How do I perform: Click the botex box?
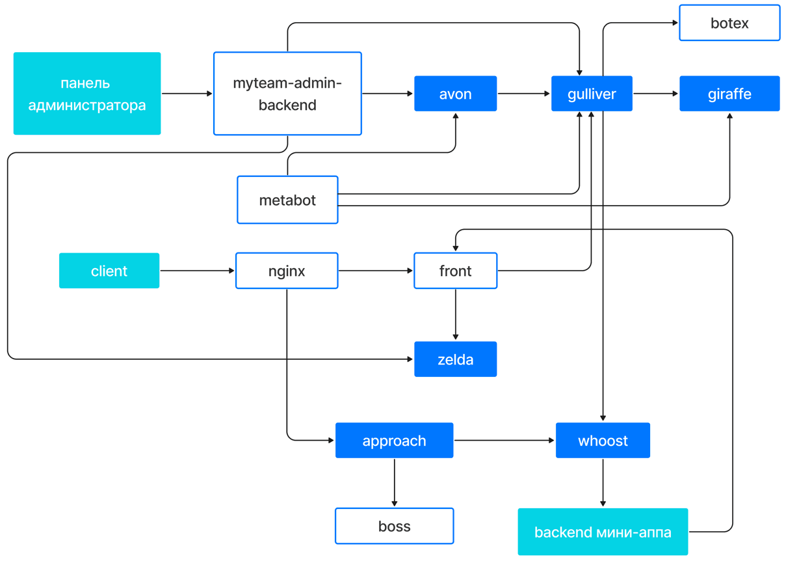pyautogui.click(x=729, y=23)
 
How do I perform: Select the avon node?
pyautogui.click(x=455, y=94)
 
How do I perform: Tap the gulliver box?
pyautogui.click(x=592, y=94)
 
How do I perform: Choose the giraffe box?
pyautogui.click(x=729, y=94)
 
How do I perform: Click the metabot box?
pyautogui.click(x=287, y=200)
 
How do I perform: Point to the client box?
pyautogui.click(x=109, y=271)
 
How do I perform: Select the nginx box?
pyautogui.click(x=287, y=271)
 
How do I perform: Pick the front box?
pyautogui.click(x=455, y=271)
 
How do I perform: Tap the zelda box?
pyautogui.click(x=455, y=359)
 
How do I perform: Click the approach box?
pyautogui.click(x=394, y=440)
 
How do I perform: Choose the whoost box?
pyautogui.click(x=603, y=440)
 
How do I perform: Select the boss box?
pyautogui.click(x=394, y=526)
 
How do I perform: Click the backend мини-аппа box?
pyautogui.click(x=603, y=532)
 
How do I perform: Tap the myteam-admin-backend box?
pyautogui.click(x=287, y=94)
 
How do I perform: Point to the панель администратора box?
pyautogui.click(x=87, y=94)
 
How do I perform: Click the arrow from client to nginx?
pyautogui.click(x=197, y=271)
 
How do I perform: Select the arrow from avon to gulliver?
pyautogui.click(x=523, y=94)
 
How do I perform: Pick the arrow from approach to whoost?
pyautogui.click(x=504, y=440)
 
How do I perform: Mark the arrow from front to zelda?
pyautogui.click(x=455, y=314)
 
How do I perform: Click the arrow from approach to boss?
pyautogui.click(x=394, y=483)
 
